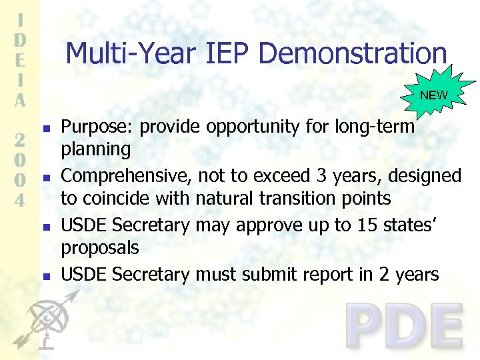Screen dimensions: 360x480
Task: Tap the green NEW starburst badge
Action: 434,95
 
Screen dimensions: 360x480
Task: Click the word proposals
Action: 100,248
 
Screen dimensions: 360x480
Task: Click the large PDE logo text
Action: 405,327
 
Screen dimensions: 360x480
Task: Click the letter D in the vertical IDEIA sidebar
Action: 21,39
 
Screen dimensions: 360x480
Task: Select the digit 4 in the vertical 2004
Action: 21,199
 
